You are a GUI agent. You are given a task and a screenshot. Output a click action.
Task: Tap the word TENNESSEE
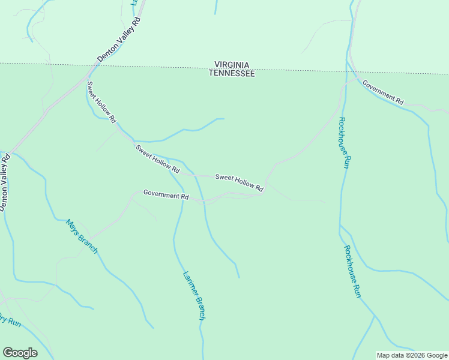coord(232,73)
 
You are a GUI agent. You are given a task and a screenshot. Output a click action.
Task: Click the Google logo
coord(20,353)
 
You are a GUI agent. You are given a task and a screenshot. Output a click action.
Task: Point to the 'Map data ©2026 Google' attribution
coord(411,355)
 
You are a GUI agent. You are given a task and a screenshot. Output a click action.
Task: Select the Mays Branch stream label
coord(81,236)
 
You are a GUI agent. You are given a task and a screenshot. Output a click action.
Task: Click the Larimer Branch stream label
coord(194,296)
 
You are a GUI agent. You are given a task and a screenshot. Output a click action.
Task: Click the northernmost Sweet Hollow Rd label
coord(101,102)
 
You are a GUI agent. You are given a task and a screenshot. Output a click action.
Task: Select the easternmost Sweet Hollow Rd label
coord(239,183)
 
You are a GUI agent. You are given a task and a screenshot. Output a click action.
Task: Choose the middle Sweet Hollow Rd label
coord(158,160)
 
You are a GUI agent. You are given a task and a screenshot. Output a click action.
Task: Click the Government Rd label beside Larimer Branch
coord(166,195)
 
